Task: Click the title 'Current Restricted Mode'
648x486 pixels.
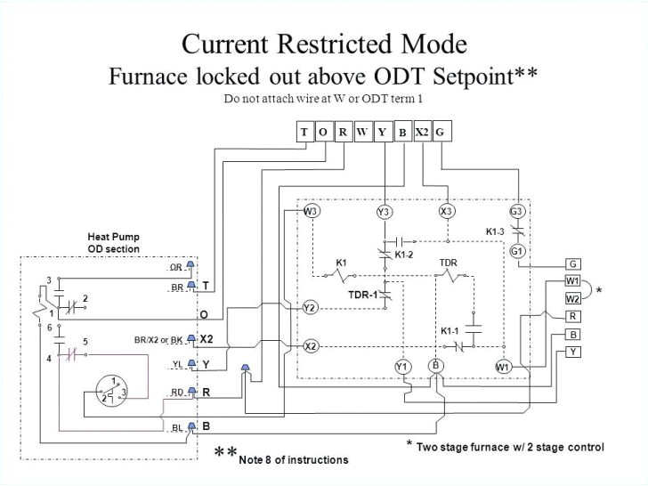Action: [x=323, y=44]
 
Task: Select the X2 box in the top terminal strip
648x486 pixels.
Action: [x=422, y=133]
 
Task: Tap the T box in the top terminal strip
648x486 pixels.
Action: [x=304, y=133]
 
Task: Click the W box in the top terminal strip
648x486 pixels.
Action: [x=362, y=133]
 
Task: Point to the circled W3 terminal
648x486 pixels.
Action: [x=311, y=211]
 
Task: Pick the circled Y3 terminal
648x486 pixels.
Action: [x=384, y=211]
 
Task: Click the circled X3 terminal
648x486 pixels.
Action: [x=447, y=211]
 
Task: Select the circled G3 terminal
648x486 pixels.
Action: [x=517, y=211]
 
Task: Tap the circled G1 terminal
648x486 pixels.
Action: [x=517, y=251]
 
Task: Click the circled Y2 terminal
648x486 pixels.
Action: [x=310, y=307]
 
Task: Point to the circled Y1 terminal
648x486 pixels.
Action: [x=401, y=367]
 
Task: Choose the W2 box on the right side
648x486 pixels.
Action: [x=573, y=298]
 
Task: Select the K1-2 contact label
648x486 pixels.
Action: [x=404, y=255]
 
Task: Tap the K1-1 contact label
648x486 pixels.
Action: [x=450, y=331]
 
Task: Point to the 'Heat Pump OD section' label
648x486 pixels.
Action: [x=113, y=242]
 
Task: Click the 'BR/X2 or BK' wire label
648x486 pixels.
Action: [x=158, y=339]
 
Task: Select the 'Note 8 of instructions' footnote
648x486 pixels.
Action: [x=293, y=459]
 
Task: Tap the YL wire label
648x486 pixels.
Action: [x=176, y=364]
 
